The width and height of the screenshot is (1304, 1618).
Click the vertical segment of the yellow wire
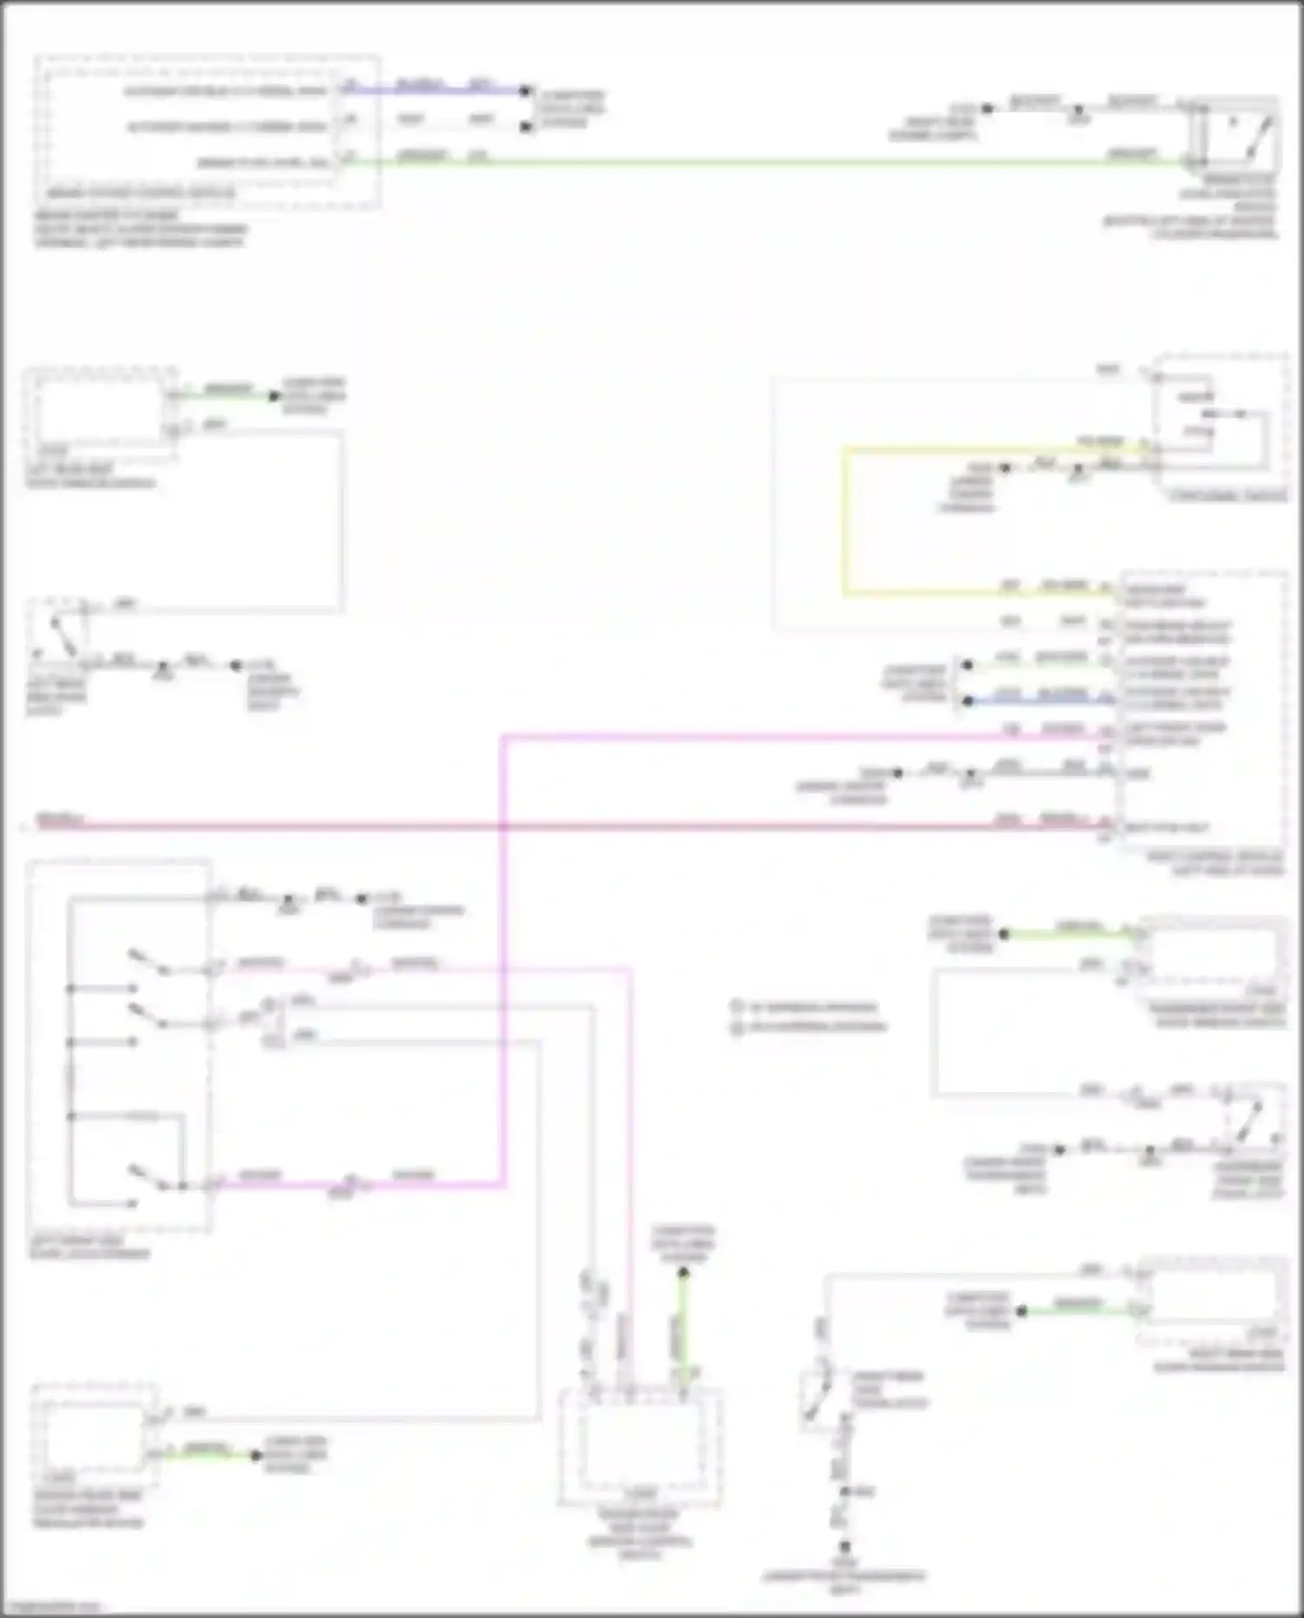point(843,522)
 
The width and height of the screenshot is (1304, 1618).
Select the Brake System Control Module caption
point(139,193)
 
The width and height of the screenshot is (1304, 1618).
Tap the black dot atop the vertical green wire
point(683,1273)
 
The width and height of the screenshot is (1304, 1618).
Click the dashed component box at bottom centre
point(640,1448)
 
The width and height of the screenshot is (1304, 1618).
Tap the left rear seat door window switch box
point(100,409)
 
